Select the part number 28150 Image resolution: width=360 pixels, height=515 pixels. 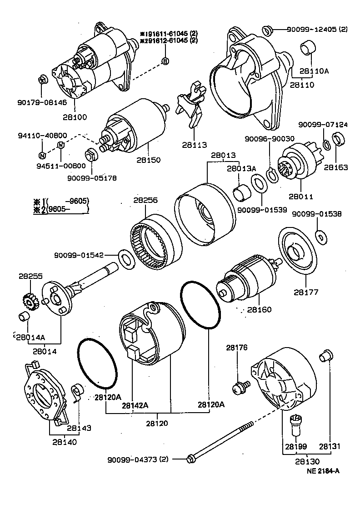tap(148, 161)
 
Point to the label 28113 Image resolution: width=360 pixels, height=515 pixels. tap(194, 145)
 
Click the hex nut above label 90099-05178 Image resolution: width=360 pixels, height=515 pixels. tap(90, 155)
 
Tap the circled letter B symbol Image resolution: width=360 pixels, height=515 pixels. tap(165, 61)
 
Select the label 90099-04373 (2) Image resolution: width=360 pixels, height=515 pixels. tap(138, 459)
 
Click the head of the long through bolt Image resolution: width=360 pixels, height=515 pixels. tap(191, 459)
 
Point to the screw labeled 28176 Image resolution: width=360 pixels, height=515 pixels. tap(238, 387)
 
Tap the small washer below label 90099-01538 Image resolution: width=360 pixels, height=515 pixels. tap(321, 236)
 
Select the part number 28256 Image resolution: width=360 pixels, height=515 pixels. tap(145, 200)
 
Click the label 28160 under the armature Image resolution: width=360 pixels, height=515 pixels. tap(259, 310)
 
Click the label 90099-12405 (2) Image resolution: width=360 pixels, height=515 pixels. tap(317, 29)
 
